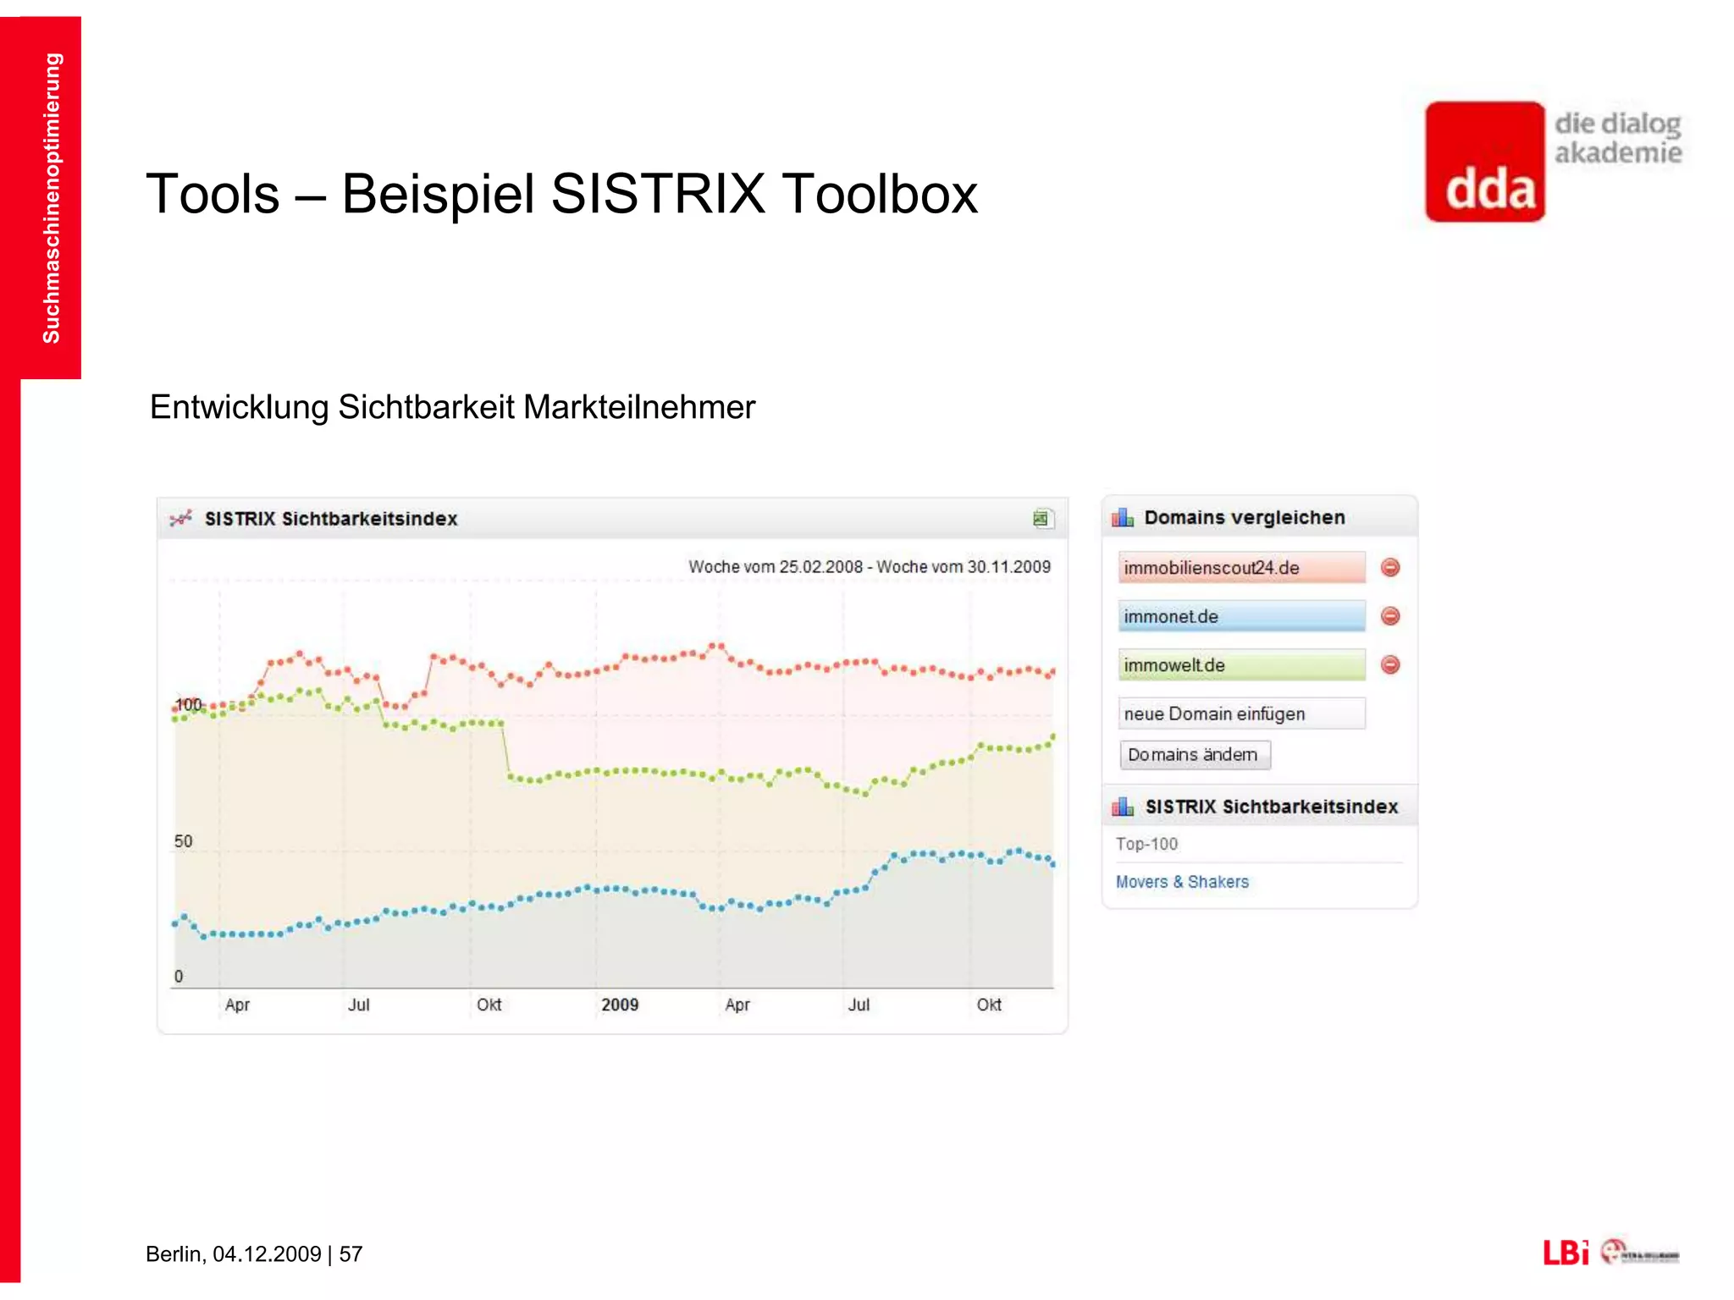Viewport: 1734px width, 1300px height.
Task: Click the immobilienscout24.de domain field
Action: coord(1240,567)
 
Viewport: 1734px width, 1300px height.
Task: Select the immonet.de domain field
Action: coord(1240,616)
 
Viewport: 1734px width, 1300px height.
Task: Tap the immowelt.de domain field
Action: coord(1240,665)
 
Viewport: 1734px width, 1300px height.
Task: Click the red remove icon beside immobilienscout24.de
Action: coord(1389,567)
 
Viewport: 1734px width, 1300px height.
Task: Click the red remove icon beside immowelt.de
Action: coord(1389,665)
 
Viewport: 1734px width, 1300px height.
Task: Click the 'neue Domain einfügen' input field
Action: coord(1240,713)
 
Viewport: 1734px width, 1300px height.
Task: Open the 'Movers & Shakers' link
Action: coord(1182,882)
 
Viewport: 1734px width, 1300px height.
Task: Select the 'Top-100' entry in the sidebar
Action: coord(1146,844)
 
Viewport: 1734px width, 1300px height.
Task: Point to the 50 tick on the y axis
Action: coord(183,841)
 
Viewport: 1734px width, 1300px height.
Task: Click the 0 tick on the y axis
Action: coord(179,976)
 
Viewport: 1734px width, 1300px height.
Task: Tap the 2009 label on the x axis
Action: coord(620,1005)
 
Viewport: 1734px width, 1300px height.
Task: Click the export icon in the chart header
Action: coord(1042,519)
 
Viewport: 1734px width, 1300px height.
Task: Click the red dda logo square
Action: coord(1485,162)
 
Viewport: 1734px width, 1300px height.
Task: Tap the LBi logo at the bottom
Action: coord(1565,1253)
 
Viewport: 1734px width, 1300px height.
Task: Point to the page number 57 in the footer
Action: coord(351,1253)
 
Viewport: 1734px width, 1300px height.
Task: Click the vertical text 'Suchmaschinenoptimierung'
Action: coord(52,198)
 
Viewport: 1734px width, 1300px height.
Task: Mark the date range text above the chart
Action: coord(869,567)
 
